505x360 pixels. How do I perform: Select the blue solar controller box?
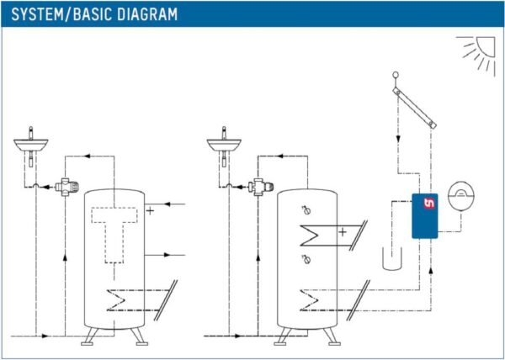click(x=425, y=216)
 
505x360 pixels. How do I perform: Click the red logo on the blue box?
click(x=429, y=203)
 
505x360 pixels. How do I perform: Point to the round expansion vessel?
click(x=462, y=196)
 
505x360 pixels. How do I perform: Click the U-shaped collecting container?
click(x=392, y=259)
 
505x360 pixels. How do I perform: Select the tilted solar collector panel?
click(x=414, y=109)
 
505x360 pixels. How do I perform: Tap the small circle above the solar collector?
click(x=396, y=76)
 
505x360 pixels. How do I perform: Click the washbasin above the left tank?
click(x=30, y=146)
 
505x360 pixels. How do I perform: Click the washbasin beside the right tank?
click(x=224, y=146)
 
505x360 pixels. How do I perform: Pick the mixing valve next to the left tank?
click(x=66, y=187)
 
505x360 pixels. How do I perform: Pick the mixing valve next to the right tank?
click(x=260, y=187)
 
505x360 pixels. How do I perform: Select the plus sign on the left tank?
click(x=150, y=211)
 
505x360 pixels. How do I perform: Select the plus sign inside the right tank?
click(x=343, y=231)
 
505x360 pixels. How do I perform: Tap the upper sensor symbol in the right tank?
click(x=306, y=210)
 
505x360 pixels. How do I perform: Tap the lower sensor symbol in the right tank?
click(x=306, y=259)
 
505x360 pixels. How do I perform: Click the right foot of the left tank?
click(x=140, y=336)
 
